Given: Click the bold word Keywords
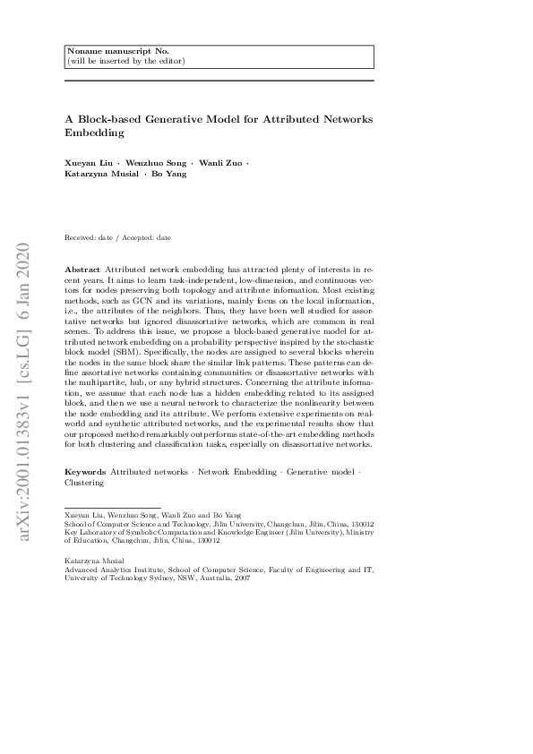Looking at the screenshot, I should pos(85,471).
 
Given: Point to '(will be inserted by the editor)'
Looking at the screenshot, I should pos(125,61).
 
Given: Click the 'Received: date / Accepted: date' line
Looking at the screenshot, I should pos(118,238).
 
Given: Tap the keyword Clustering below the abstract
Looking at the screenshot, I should pos(85,482).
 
